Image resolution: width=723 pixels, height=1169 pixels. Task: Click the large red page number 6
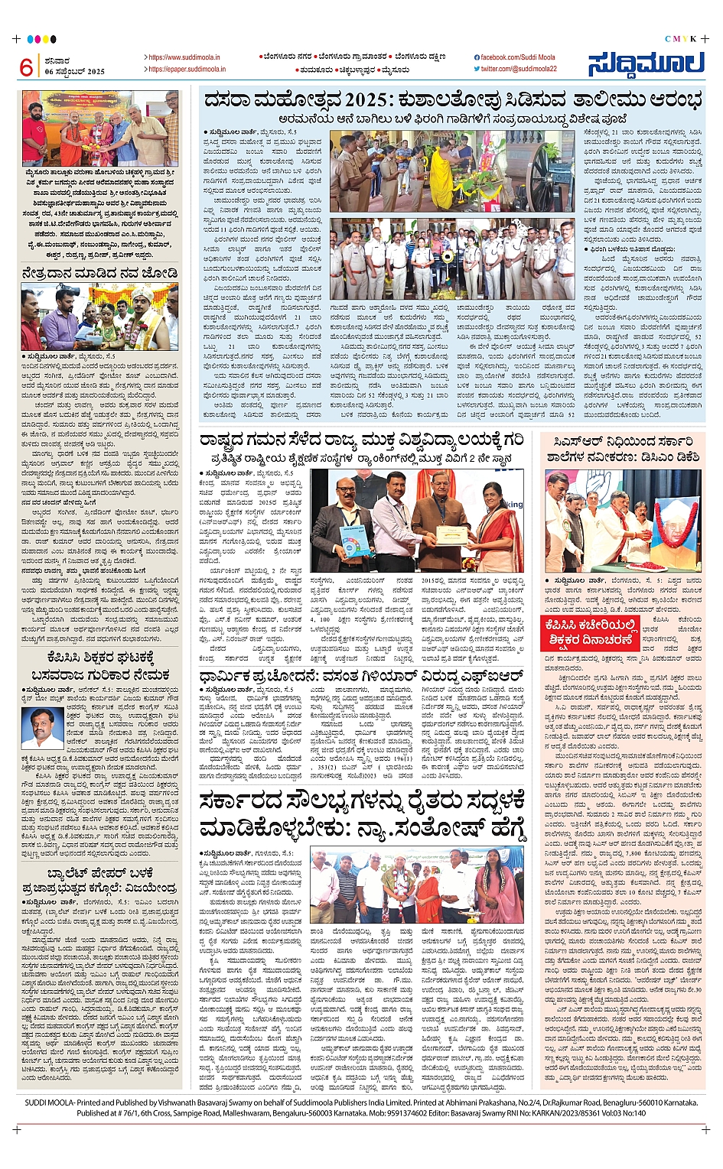[26, 67]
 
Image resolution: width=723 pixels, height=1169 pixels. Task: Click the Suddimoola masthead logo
[646, 64]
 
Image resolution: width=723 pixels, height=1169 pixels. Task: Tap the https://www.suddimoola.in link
[184, 57]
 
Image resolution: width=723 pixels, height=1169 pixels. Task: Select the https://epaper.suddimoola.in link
[187, 69]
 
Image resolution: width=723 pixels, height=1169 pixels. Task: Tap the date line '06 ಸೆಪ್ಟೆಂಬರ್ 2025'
[74, 71]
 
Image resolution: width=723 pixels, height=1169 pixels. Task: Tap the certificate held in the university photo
[451, 533]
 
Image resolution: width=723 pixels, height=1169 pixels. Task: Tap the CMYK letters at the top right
[679, 38]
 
